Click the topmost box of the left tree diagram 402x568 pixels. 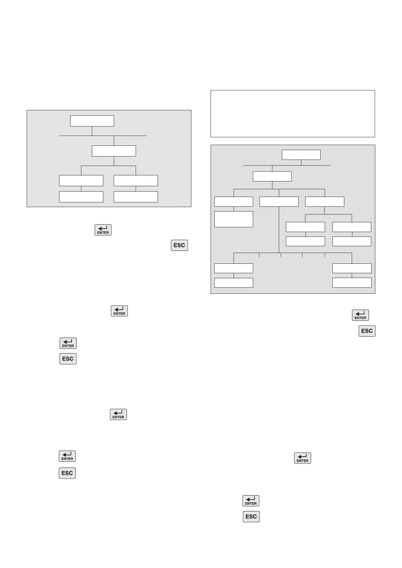[x=92, y=121]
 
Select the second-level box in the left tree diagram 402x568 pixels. [x=114, y=151]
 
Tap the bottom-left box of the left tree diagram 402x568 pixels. [x=81, y=197]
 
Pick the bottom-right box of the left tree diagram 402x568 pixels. [x=136, y=197]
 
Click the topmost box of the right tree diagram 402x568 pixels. [x=301, y=155]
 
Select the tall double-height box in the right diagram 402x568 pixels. [x=234, y=219]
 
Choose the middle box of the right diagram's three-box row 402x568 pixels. [x=279, y=202]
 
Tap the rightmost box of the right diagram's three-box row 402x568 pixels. [x=324, y=202]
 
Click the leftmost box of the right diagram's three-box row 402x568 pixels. [x=234, y=202]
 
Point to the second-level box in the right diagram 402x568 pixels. [x=272, y=176]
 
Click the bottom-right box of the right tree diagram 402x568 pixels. [x=352, y=283]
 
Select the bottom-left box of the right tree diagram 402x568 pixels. [x=234, y=283]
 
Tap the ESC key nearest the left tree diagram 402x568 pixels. [x=179, y=245]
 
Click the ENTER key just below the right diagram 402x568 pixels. [x=360, y=315]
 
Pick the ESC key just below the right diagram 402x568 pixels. [x=367, y=331]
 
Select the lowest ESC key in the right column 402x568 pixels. [x=251, y=516]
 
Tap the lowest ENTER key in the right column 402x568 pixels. [x=251, y=501]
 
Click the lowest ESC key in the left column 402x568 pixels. [x=67, y=473]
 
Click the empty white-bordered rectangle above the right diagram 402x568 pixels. [x=293, y=113]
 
